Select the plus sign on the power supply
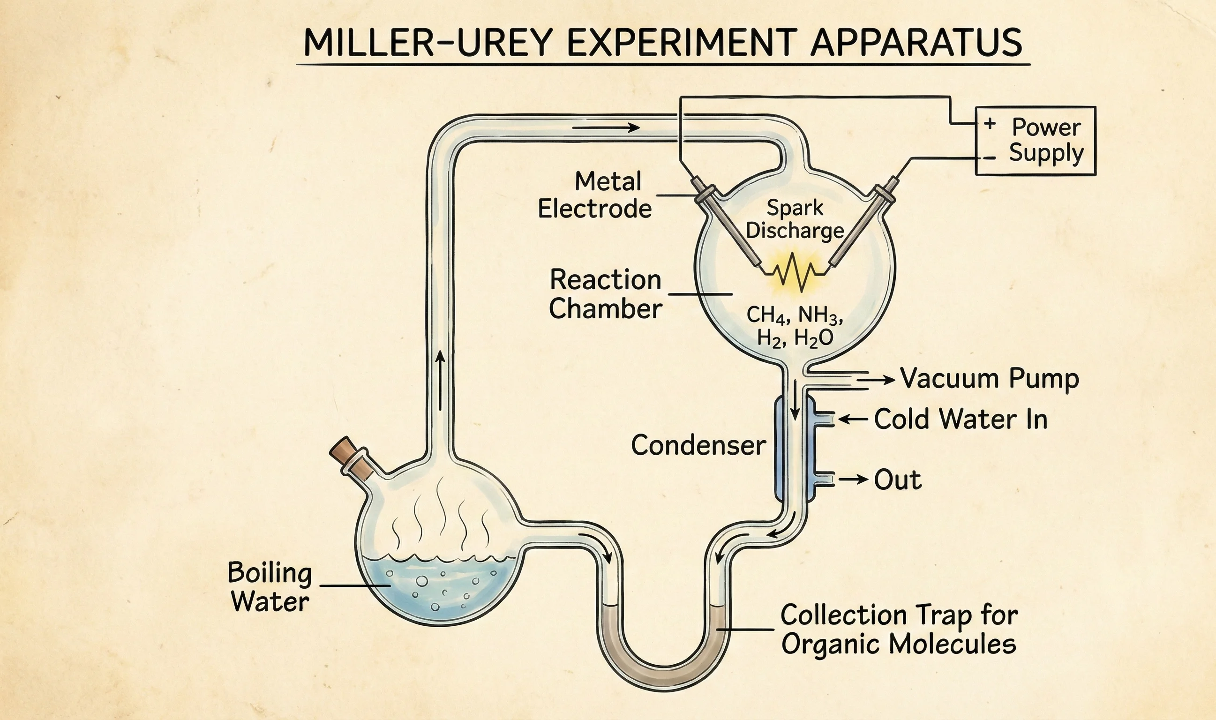tap(990, 124)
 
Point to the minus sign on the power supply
tap(989, 158)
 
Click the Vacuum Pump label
tap(990, 379)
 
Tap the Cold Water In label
tap(961, 419)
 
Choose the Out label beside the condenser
tap(897, 480)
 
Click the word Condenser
tap(698, 445)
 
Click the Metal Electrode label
tap(595, 195)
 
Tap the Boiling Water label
tap(270, 587)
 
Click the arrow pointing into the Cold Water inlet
tap(853, 419)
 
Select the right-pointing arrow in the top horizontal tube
tap(606, 127)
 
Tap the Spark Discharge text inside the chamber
tap(795, 219)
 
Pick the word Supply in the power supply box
tap(1046, 153)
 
